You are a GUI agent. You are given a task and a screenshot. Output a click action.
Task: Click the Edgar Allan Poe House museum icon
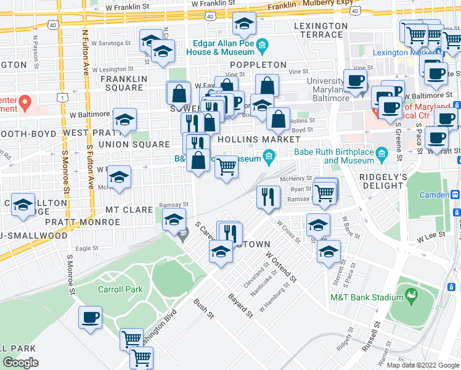(x=263, y=44)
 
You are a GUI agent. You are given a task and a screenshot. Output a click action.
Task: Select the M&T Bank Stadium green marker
(x=411, y=298)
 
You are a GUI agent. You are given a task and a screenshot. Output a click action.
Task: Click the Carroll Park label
(x=120, y=289)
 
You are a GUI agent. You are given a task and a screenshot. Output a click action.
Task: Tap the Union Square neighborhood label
(x=138, y=144)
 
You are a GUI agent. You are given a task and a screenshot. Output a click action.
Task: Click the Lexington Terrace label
(x=321, y=30)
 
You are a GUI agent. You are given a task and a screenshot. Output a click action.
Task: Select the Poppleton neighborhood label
(x=258, y=65)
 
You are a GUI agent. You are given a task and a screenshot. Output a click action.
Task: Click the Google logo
(x=21, y=362)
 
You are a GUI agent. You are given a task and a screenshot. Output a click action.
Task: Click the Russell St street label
(x=372, y=335)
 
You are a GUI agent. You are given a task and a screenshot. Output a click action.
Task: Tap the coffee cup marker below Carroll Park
(x=91, y=318)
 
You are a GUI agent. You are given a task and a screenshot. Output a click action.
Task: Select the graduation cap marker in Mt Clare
(x=174, y=220)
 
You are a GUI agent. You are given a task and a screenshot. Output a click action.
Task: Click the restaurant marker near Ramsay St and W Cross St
(x=267, y=197)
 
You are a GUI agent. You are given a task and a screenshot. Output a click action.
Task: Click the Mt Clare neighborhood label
(x=129, y=210)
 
